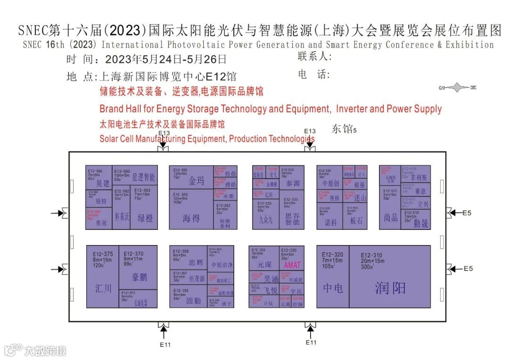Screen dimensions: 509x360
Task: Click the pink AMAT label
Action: [x=293, y=265]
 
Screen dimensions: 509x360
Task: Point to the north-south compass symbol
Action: [x=458, y=87]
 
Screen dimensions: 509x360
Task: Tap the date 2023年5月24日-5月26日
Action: [x=166, y=60]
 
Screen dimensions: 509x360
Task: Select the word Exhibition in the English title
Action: [x=469, y=45]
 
